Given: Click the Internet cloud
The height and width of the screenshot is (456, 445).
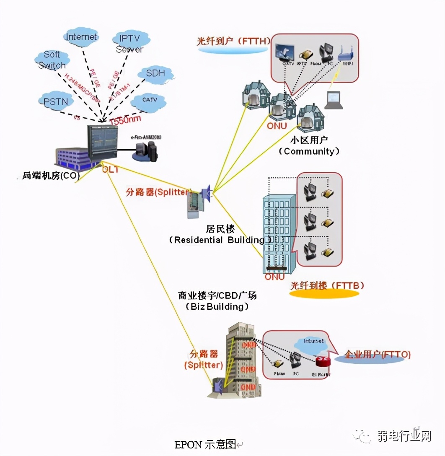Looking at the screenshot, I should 82,37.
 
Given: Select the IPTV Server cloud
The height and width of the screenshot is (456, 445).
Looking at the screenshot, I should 130,44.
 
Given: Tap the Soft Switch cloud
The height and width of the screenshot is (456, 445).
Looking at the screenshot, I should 52,60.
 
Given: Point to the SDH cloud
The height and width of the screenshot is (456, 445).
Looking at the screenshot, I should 156,74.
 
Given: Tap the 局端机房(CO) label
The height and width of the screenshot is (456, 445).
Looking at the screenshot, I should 51,176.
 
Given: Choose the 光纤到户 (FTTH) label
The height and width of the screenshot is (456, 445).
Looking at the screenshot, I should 233,41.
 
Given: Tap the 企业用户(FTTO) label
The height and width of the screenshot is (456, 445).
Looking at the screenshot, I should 378,355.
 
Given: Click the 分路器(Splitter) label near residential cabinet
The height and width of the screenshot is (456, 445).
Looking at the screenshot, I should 158,192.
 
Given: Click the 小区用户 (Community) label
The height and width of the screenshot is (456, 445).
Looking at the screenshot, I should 309,146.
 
